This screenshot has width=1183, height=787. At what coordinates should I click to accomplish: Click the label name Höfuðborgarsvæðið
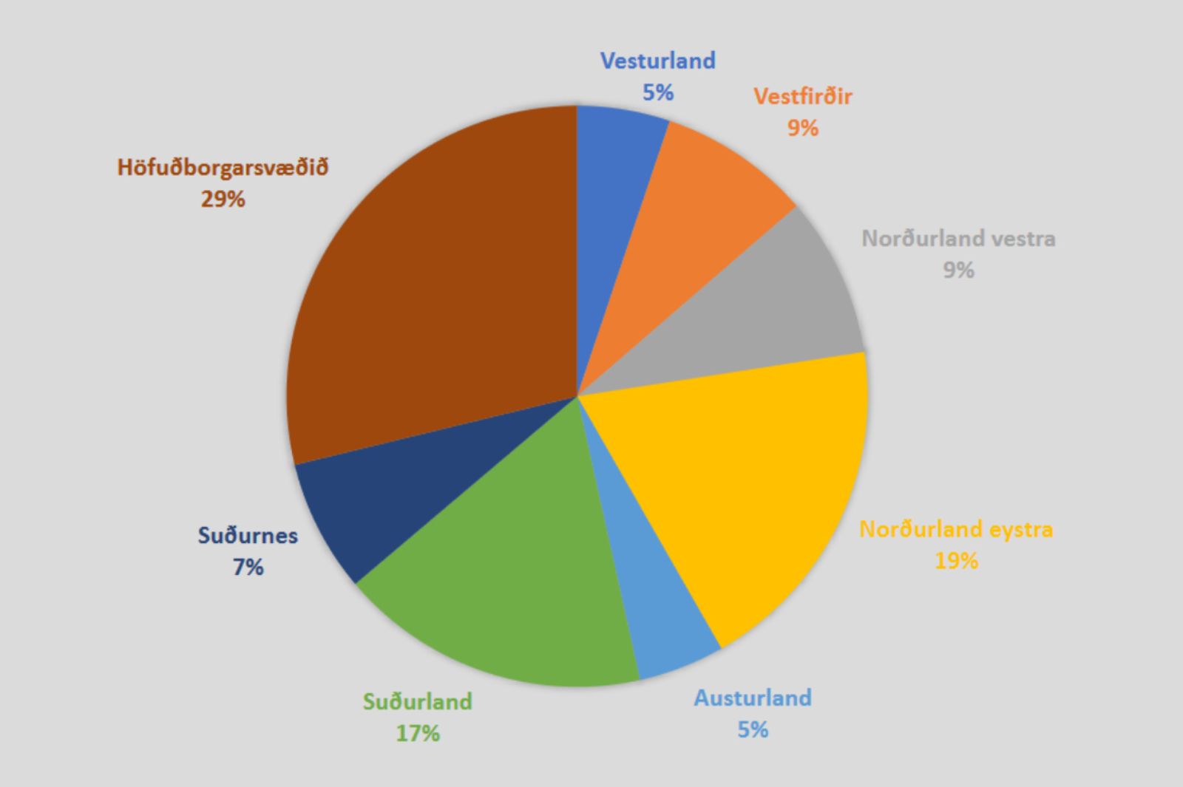point(223,167)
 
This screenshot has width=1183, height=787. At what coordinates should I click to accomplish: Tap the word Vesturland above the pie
point(657,60)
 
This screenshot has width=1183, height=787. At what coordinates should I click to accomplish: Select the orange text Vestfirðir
point(802,96)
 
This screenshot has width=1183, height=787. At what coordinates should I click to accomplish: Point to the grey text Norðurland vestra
point(958,238)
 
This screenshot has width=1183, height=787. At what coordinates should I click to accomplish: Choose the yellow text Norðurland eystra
point(956,529)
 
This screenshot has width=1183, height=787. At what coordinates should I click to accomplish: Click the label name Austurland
point(752,698)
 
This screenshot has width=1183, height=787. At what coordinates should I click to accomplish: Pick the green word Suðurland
point(417,701)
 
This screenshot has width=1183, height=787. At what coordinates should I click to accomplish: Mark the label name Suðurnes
point(248,535)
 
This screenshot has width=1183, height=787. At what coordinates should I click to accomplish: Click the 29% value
point(223,199)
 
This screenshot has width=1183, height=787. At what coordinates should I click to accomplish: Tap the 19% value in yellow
point(956,561)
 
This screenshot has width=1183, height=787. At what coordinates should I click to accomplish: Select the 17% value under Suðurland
point(417,733)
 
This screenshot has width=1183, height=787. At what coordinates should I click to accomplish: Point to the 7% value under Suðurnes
point(248,567)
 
